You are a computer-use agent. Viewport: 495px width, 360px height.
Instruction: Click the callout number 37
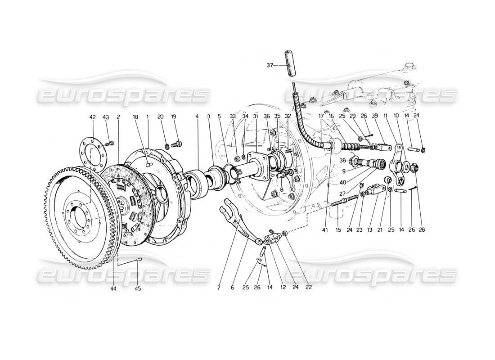pyautogui.click(x=270, y=65)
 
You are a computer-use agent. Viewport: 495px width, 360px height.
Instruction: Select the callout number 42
pyautogui.click(x=92, y=117)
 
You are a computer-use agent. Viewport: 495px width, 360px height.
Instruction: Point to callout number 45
pyautogui.click(x=138, y=288)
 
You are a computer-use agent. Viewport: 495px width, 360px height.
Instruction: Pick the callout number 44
pyautogui.click(x=113, y=288)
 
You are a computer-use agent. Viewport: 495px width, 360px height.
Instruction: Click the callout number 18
pyautogui.click(x=135, y=117)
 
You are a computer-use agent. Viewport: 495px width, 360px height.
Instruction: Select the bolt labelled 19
pyautogui.click(x=178, y=144)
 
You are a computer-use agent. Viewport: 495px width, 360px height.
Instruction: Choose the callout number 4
pyautogui.click(x=197, y=117)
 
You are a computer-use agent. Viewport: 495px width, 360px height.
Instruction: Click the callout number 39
pyautogui.click(x=387, y=117)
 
